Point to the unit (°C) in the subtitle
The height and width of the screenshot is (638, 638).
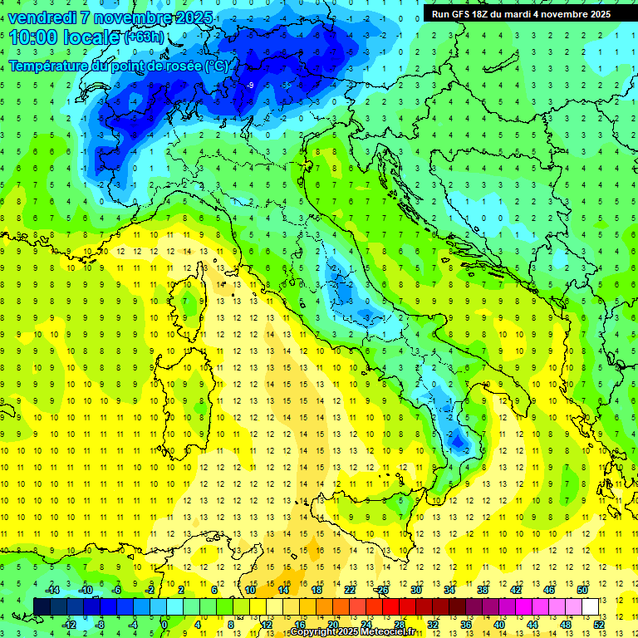[x=215, y=66]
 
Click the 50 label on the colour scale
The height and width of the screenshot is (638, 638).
[x=583, y=589]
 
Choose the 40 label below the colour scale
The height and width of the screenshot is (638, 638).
[x=500, y=624]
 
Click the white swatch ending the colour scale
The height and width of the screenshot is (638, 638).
[x=591, y=606]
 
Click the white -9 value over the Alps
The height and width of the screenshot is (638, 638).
[x=250, y=85]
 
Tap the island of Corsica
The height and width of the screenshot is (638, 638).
[x=191, y=299]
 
